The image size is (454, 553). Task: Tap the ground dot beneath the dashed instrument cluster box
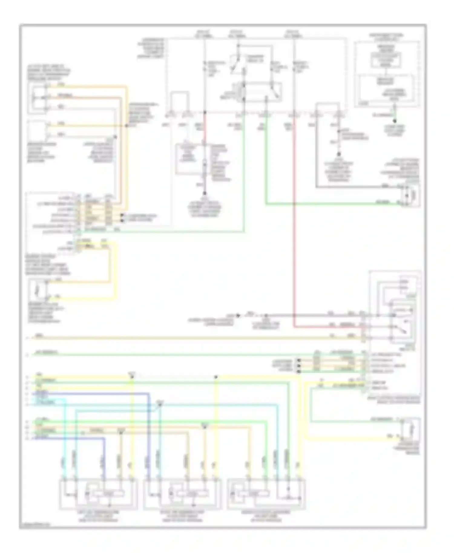pyautogui.click(x=394, y=121)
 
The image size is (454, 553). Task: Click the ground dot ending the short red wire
pyautogui.click(x=205, y=193)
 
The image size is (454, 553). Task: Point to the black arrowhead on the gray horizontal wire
pyautogui.click(x=238, y=316)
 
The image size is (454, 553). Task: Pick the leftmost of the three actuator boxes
pyautogui.click(x=98, y=494)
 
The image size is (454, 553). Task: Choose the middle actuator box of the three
pyautogui.click(x=182, y=494)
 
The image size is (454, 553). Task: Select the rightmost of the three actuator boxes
pyautogui.click(x=266, y=494)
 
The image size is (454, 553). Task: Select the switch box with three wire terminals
pyautogui.click(x=37, y=97)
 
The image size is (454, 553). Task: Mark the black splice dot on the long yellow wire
pyautogui.click(x=216, y=377)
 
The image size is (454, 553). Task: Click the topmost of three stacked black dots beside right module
pyautogui.click(x=299, y=361)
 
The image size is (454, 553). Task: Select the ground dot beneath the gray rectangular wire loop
pyautogui.click(x=339, y=154)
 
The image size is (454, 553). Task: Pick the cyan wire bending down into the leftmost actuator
pyautogui.click(x=64, y=439)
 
